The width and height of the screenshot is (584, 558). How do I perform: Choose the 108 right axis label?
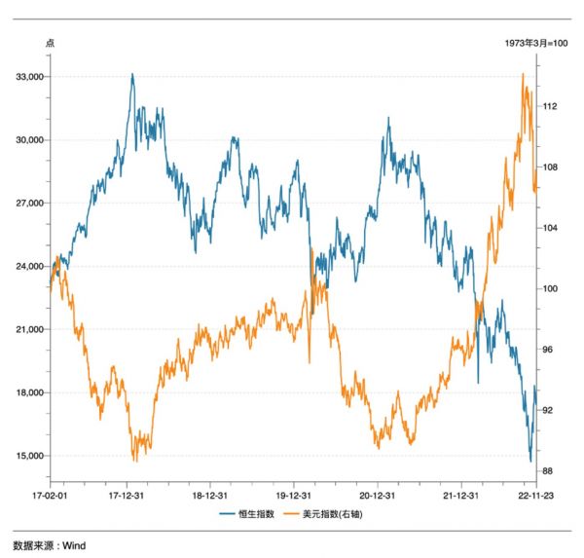(x=550, y=167)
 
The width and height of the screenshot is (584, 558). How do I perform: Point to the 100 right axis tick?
(x=550, y=288)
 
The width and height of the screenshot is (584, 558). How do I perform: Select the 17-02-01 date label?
(x=51, y=495)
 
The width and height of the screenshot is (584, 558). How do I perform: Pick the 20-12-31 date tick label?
(x=376, y=495)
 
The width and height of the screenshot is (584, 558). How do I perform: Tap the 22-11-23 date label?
(x=534, y=495)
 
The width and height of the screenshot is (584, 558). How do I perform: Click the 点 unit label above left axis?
(x=51, y=44)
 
